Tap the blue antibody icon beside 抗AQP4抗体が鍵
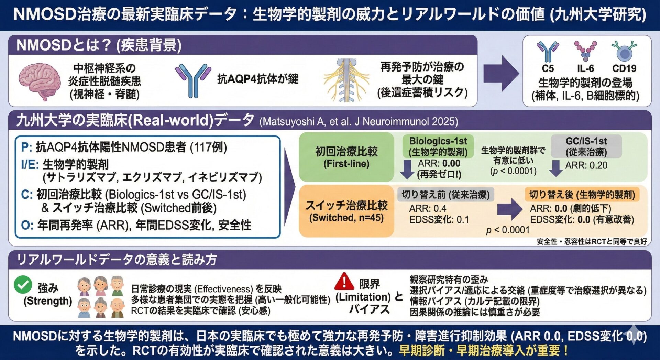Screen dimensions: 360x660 193,80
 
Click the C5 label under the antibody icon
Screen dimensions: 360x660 548,68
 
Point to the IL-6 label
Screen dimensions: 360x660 585,68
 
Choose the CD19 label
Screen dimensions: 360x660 624,68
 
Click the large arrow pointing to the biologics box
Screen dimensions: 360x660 500,73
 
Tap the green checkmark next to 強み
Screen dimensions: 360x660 23,284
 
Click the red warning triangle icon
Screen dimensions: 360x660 344,282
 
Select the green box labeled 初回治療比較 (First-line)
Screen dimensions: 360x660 346,157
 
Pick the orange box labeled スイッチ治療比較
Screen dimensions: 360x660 346,211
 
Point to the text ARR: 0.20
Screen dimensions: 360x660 586,165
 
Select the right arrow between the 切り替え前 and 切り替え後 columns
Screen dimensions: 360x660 510,209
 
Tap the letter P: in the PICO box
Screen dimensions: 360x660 27,147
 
